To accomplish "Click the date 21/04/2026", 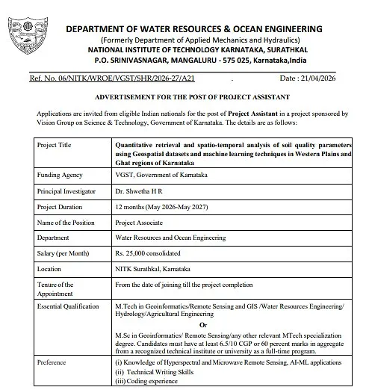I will click(326, 78).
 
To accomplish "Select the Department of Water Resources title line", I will click(195, 29).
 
